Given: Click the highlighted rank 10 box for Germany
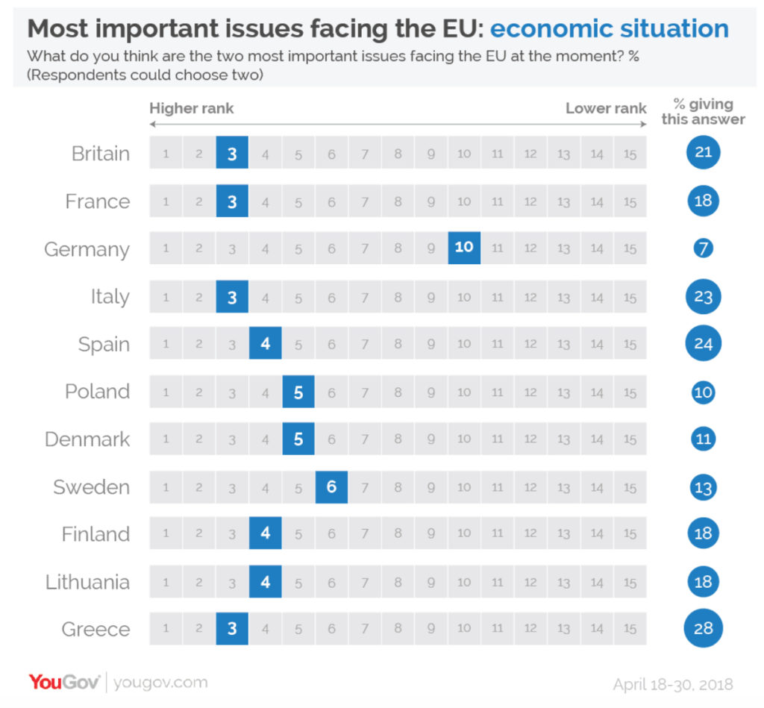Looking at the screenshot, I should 464,248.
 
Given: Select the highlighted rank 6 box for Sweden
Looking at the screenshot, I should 331,487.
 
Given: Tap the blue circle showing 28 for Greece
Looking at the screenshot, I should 703,629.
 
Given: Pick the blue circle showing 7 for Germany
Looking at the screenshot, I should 703,248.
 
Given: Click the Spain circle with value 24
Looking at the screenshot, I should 703,344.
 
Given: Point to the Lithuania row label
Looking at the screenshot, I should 87,582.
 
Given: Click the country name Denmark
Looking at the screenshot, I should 87,439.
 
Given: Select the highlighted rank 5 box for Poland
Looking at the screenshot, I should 298,392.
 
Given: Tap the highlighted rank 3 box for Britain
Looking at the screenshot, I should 232,154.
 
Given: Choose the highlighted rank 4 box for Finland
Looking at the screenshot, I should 266,534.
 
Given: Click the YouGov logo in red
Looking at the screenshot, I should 66,681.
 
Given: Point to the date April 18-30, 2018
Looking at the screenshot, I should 673,684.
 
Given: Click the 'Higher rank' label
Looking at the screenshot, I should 192,108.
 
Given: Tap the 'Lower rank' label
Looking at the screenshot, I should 605,108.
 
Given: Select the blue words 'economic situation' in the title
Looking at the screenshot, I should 610,29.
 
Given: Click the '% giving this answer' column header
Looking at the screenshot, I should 703,111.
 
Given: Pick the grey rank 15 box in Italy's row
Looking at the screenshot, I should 630,297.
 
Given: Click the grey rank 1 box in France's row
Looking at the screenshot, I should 166,201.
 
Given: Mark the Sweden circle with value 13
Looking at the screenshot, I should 703,487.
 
